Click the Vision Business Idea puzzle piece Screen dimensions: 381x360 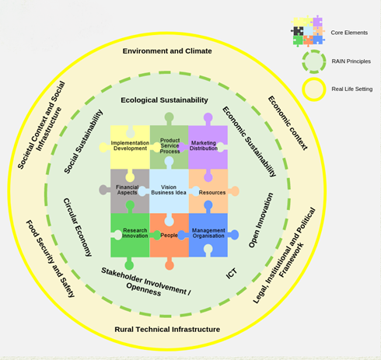point(169,190)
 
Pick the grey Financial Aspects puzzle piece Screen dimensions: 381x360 point(127,193)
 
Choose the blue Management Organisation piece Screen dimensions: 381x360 point(208,235)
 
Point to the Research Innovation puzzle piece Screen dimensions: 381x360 point(130,235)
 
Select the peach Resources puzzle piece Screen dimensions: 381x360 point(211,192)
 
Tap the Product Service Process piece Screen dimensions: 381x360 point(169,145)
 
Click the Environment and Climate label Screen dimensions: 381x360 point(167,51)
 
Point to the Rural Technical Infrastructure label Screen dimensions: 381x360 point(167,330)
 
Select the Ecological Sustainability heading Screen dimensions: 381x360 point(164,100)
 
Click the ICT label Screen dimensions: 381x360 point(231,274)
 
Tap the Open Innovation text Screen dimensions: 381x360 point(260,220)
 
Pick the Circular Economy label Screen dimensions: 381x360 point(78,227)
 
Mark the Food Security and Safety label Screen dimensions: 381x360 point(51,259)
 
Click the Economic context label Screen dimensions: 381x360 point(288,123)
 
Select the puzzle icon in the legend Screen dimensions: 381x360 point(308,31)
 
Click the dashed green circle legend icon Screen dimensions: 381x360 point(314,61)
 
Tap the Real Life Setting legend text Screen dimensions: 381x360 point(352,89)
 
